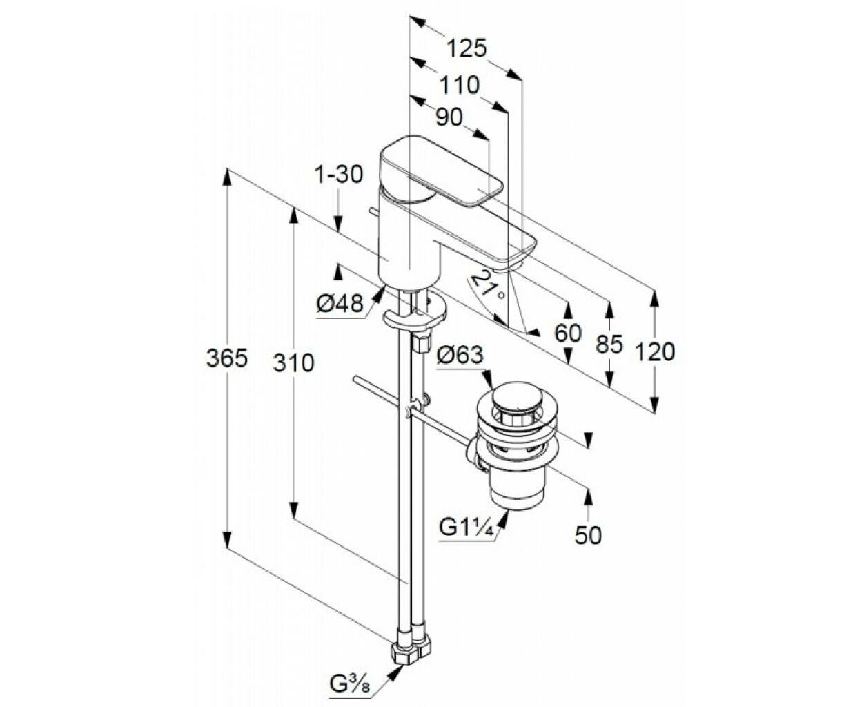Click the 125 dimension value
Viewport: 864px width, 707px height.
click(x=467, y=49)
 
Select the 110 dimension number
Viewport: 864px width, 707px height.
click(x=459, y=86)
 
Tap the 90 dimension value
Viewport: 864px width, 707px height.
click(x=449, y=118)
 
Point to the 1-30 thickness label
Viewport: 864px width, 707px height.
click(x=339, y=175)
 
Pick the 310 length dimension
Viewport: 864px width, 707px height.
click(x=293, y=363)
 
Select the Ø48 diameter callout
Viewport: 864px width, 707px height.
click(x=340, y=304)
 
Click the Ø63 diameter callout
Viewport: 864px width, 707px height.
click(x=460, y=355)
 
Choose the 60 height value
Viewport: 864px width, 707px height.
click(x=568, y=333)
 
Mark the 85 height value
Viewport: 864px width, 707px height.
click(x=609, y=344)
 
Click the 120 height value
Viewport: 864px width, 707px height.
click(x=654, y=352)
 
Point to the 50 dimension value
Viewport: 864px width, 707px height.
click(x=588, y=535)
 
